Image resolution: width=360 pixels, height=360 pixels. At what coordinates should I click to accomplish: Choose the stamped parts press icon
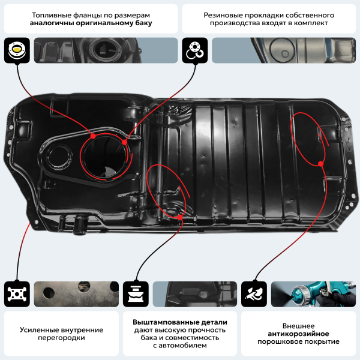click(x=136, y=294)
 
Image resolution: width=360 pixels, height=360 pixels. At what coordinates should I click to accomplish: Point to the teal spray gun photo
click(x=313, y=294)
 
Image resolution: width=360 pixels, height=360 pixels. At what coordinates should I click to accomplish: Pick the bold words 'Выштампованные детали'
click(x=179, y=321)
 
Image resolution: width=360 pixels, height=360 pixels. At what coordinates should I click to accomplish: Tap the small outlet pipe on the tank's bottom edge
click(x=77, y=227)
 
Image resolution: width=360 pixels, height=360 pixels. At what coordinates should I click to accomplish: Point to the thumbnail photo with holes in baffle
click(x=75, y=294)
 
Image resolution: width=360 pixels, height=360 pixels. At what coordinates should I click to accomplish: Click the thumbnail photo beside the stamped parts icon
click(x=194, y=294)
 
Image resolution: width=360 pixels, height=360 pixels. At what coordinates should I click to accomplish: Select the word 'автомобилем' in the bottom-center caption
click(x=182, y=346)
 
